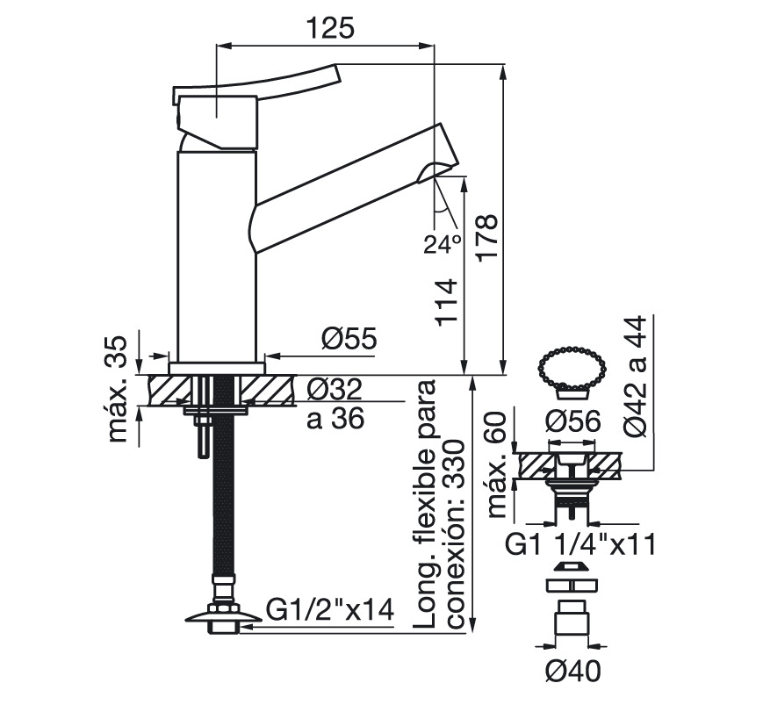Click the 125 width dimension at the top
(330, 28)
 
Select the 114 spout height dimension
(447, 303)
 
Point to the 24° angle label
(443, 244)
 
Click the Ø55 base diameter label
(349, 338)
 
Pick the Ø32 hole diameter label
(335, 388)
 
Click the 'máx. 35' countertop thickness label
(118, 390)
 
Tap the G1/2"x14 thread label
(330, 610)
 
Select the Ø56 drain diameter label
(573, 421)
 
